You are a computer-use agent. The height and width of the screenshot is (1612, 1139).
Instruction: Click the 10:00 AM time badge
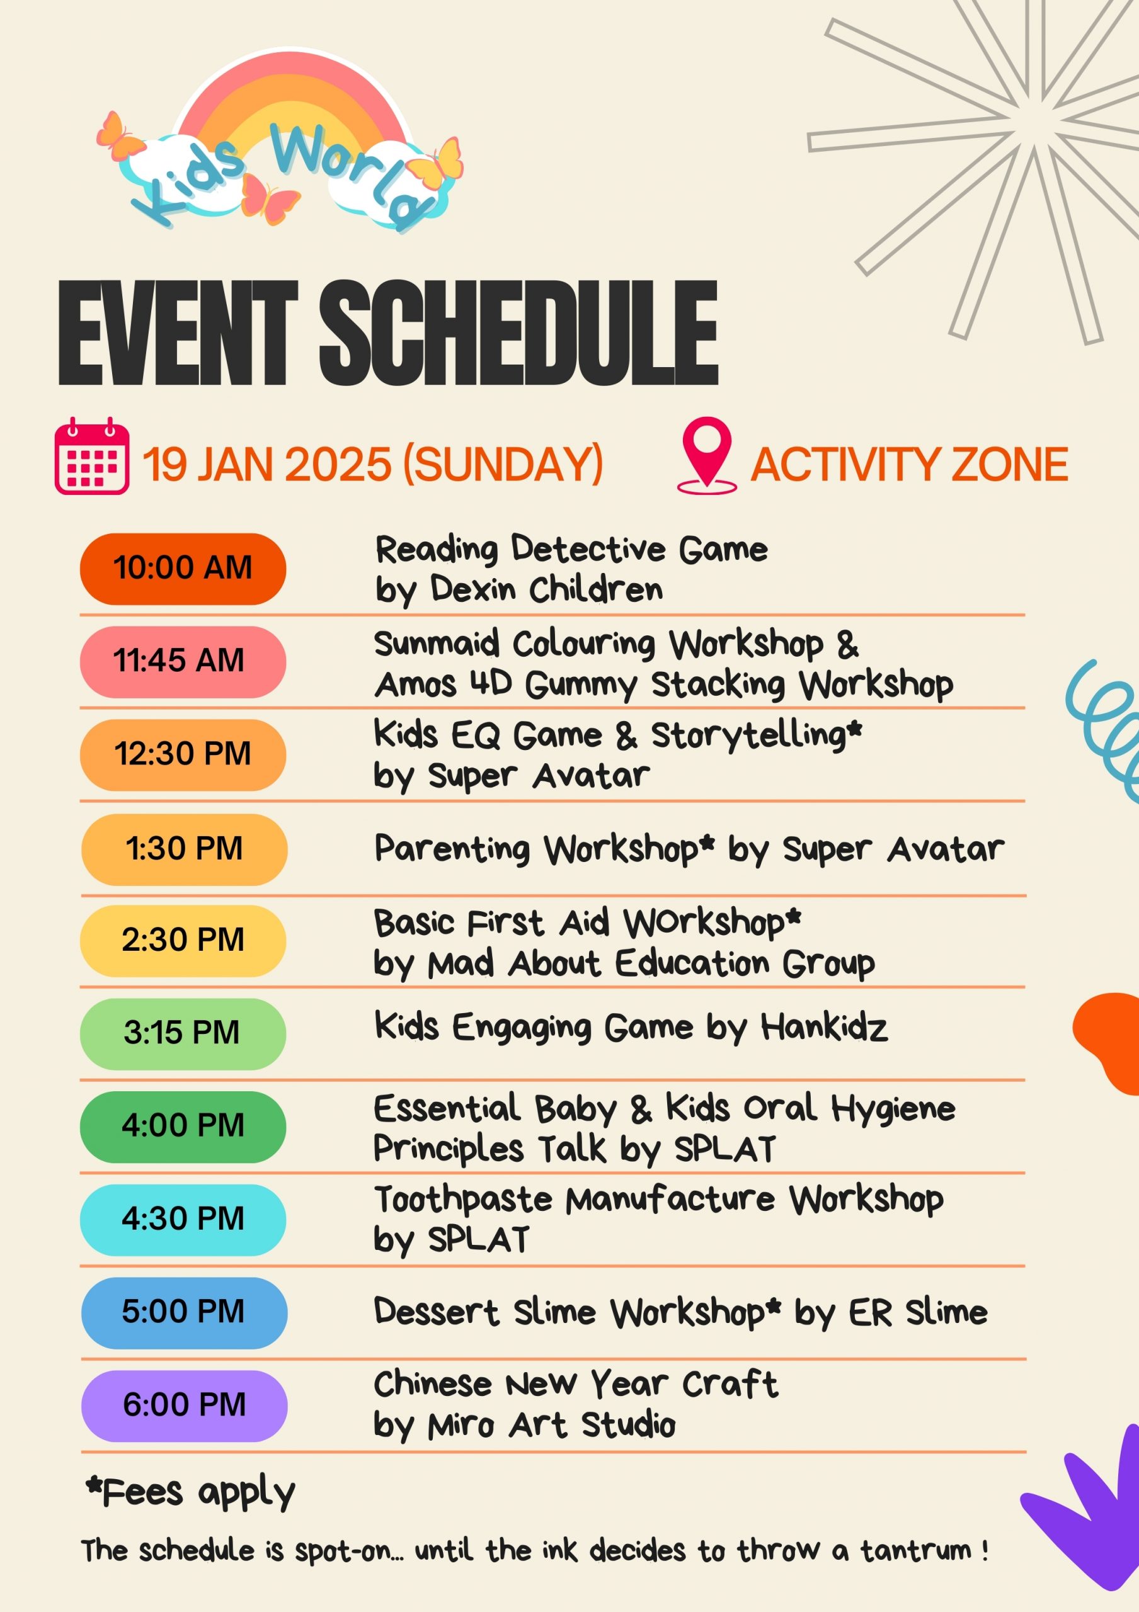[x=183, y=569]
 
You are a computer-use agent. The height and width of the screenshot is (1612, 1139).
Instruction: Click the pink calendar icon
[x=91, y=457]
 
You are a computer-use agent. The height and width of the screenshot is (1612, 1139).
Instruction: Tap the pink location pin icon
[x=706, y=455]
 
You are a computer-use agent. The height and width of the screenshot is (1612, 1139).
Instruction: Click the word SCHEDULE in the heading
[x=519, y=333]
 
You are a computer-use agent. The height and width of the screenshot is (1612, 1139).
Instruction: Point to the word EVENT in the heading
[x=178, y=333]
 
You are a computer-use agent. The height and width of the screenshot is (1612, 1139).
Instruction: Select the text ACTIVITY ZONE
[x=910, y=465]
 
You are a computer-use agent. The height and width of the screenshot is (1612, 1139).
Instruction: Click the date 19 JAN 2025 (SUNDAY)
[x=373, y=465]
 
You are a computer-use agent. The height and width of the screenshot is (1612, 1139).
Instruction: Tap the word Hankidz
[x=825, y=1027]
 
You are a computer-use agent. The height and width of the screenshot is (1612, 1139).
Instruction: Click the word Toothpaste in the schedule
[x=463, y=1198]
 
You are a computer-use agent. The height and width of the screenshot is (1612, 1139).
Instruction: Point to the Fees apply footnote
[x=190, y=1492]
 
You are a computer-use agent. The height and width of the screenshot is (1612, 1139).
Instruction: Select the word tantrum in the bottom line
[x=917, y=1550]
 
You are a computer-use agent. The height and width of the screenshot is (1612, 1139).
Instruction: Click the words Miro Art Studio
[x=551, y=1425]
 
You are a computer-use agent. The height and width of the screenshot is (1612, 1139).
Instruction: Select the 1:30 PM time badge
[x=184, y=849]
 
